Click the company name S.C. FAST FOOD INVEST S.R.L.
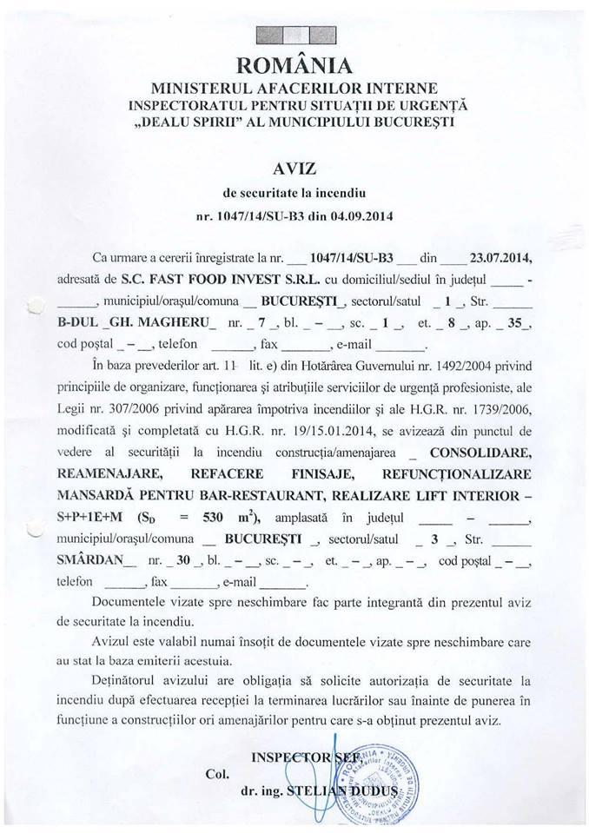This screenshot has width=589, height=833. (247, 280)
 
